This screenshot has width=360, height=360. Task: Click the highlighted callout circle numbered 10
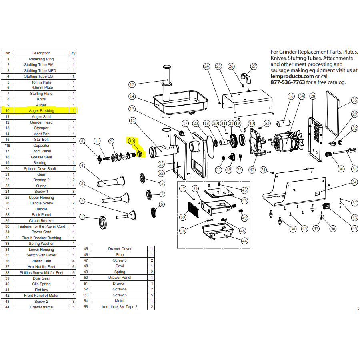click(132, 141)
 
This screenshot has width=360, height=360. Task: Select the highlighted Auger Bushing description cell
click(41, 111)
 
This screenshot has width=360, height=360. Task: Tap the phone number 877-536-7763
click(288, 82)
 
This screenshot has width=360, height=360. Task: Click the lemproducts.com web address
click(292, 76)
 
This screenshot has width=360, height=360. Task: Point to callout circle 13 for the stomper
click(132, 84)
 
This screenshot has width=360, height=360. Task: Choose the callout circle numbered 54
click(302, 96)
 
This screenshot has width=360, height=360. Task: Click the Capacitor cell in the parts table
click(41, 146)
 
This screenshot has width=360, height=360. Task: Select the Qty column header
click(72, 53)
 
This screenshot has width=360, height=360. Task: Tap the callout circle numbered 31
click(354, 169)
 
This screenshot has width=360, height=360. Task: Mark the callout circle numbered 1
click(82, 217)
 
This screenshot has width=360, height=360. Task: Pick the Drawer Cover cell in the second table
click(120, 249)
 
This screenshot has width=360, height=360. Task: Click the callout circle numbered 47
click(183, 188)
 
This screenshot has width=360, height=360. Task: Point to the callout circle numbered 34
click(354, 182)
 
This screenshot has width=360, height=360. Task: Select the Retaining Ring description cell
click(41, 59)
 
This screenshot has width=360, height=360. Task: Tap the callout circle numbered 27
click(254, 66)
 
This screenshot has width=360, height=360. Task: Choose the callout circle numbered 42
click(252, 170)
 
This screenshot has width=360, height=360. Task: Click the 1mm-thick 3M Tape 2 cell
click(120, 307)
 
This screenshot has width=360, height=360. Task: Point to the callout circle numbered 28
click(313, 96)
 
